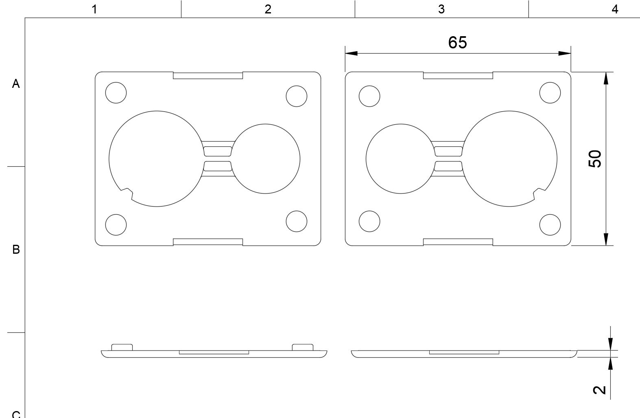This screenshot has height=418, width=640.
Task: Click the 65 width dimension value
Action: tap(457, 43)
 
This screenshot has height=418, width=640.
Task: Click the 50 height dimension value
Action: tap(595, 159)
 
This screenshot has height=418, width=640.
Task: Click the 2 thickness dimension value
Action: tap(599, 390)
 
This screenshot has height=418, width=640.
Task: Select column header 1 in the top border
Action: tap(94, 9)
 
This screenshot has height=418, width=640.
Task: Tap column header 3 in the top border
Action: tap(441, 9)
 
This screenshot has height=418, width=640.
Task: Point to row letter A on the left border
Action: tap(16, 84)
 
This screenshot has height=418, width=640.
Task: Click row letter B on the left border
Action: tap(16, 250)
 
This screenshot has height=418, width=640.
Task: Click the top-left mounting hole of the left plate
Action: tap(116, 93)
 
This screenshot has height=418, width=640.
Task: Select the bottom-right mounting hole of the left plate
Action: tap(297, 221)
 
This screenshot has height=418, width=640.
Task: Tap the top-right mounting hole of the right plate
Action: tap(550, 93)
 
